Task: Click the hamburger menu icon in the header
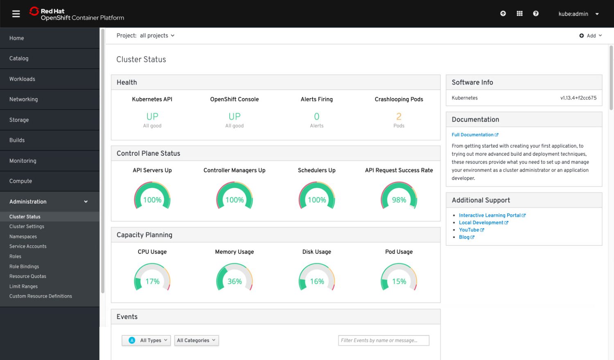pyautogui.click(x=16, y=14)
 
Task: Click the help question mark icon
pyautogui.click(x=535, y=13)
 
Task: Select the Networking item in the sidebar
pyautogui.click(x=24, y=99)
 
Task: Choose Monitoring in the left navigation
pyautogui.click(x=23, y=161)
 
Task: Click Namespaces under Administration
pyautogui.click(x=23, y=236)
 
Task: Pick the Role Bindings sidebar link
pyautogui.click(x=24, y=266)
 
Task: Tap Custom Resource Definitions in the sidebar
pyautogui.click(x=41, y=296)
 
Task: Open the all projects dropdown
pyautogui.click(x=157, y=36)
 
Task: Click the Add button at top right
pyautogui.click(x=591, y=36)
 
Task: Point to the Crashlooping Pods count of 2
pyautogui.click(x=399, y=117)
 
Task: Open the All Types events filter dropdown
pyautogui.click(x=146, y=340)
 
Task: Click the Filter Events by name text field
pyautogui.click(x=384, y=340)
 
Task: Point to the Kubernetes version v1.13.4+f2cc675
pyautogui.click(x=578, y=98)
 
